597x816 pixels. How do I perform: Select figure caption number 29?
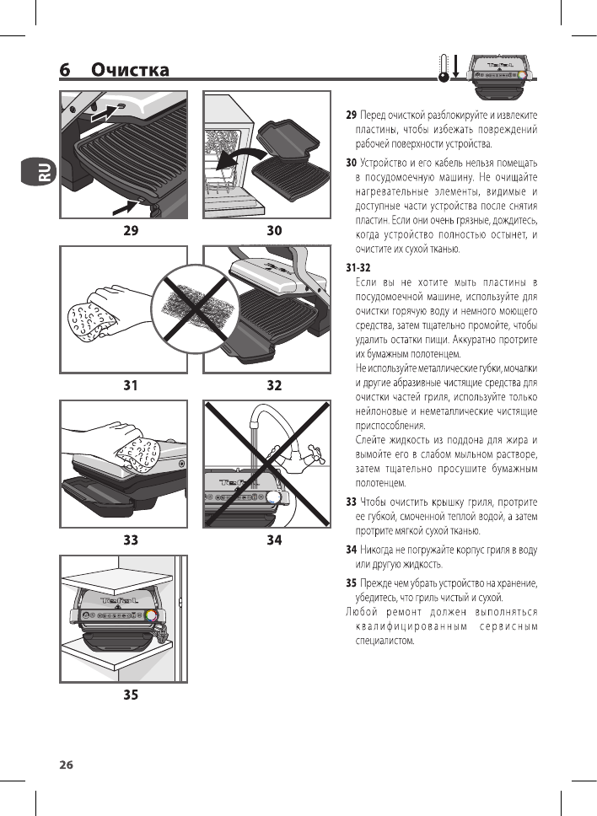[130, 229]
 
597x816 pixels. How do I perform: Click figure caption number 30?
[274, 229]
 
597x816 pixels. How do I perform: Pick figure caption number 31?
[130, 385]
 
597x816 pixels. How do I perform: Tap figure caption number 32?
[274, 385]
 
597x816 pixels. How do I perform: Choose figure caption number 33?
[130, 540]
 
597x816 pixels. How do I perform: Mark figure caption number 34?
[274, 540]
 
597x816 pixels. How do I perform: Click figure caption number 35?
[130, 695]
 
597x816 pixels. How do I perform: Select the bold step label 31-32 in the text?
[358, 266]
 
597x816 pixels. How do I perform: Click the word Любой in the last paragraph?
[362, 611]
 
